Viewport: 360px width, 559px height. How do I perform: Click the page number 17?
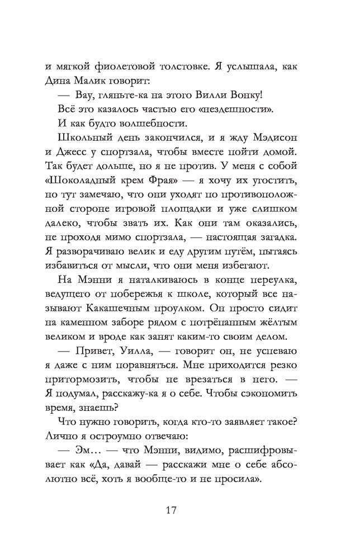point(172,510)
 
